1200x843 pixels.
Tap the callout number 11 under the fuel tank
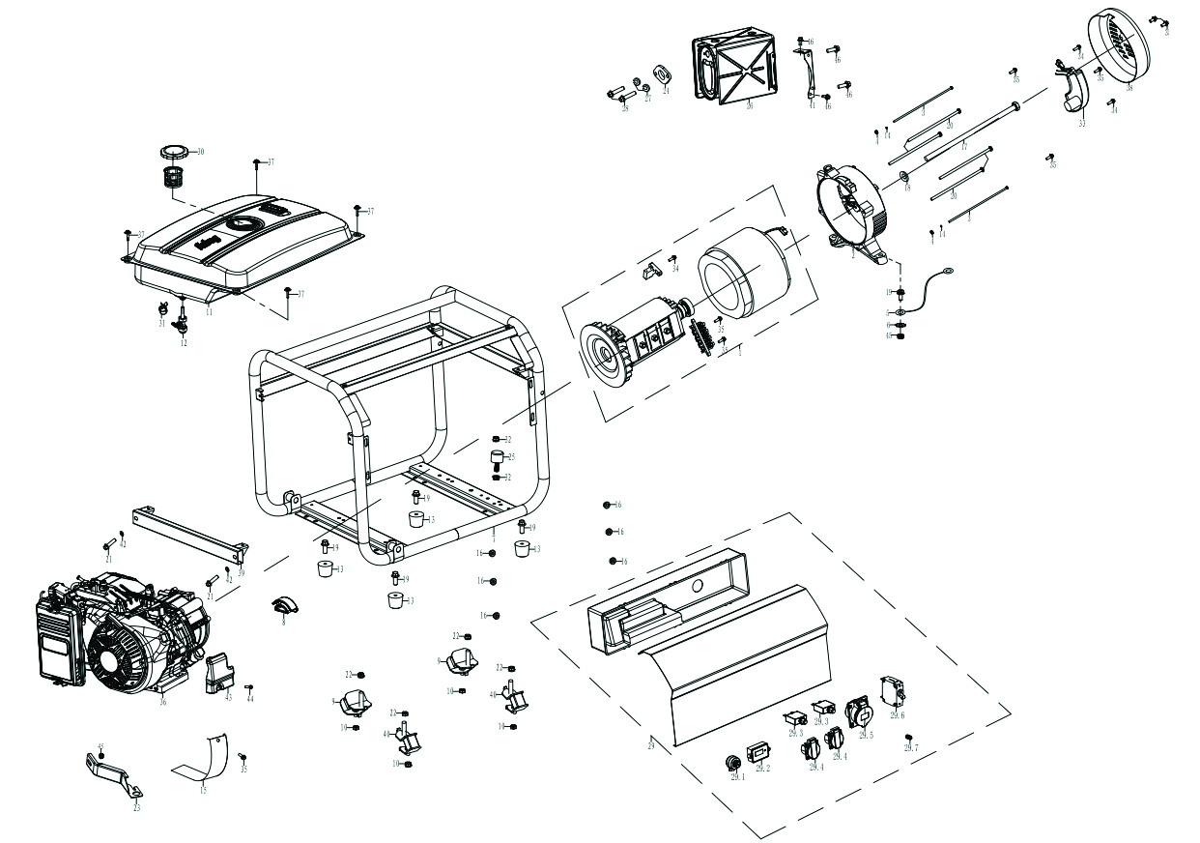[x=209, y=312]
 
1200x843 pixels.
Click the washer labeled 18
[x=904, y=175]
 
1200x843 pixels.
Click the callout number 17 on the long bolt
[x=963, y=146]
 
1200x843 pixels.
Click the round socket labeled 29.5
[x=859, y=715]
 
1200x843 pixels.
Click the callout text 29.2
[x=762, y=770]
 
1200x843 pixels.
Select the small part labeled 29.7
[x=908, y=738]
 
